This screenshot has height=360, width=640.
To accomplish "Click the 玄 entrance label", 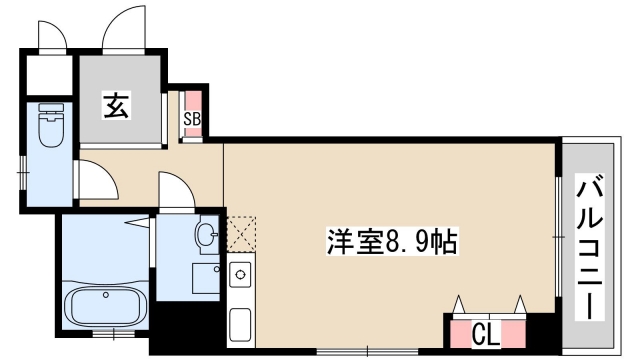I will tap(116, 106).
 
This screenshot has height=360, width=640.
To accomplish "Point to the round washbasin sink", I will tap(206, 235).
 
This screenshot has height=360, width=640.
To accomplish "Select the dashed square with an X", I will tap(241, 234).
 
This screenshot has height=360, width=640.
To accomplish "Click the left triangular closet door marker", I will tap(459, 304).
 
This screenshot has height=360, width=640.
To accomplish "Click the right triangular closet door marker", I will tap(520, 304).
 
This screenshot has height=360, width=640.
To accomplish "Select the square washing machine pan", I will tap(204, 279).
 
